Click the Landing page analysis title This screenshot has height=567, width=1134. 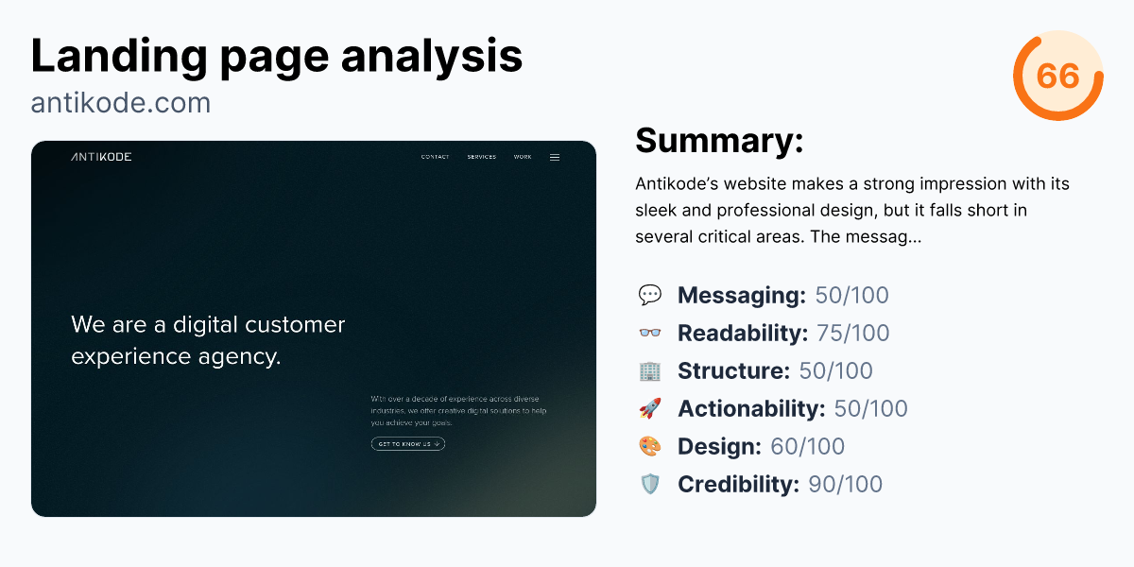point(276,56)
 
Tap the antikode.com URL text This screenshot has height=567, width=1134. point(120,102)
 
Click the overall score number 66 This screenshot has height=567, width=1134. point(1057,76)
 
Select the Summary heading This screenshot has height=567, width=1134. point(719,141)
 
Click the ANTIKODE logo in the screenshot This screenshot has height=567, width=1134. point(101,157)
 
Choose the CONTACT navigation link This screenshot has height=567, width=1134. point(435,157)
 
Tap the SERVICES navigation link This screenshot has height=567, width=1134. point(481,157)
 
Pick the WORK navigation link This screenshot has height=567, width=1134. point(523,157)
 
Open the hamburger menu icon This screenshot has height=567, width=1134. point(555,157)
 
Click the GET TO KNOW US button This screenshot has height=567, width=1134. point(407,443)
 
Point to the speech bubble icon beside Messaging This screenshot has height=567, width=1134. point(650,296)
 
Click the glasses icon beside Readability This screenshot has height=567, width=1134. point(650,334)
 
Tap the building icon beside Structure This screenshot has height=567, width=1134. point(650,371)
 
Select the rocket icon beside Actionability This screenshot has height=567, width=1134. point(650,409)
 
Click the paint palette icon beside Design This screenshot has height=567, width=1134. point(650,447)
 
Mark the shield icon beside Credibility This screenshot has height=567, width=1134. point(650,485)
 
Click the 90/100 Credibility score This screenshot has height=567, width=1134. point(845,485)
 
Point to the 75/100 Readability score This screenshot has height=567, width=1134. point(852,334)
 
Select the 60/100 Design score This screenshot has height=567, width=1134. point(807,447)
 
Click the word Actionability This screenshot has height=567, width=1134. point(751,409)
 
